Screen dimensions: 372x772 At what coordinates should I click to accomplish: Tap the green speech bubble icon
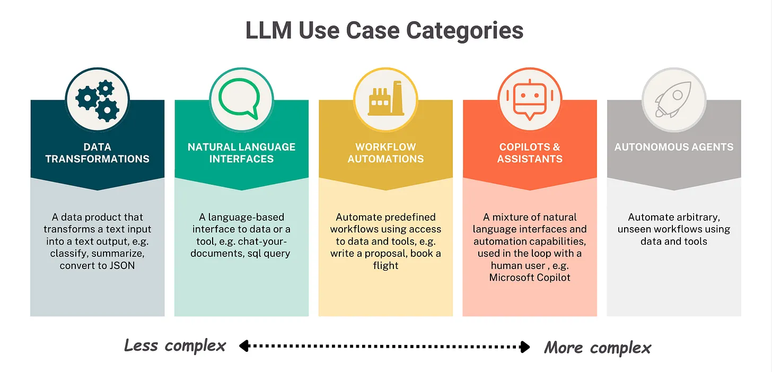(x=241, y=99)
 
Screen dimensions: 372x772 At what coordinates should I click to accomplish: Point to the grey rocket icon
(x=674, y=99)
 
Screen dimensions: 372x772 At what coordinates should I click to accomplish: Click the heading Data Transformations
(x=97, y=152)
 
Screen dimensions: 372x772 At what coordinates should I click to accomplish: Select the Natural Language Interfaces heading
(x=241, y=152)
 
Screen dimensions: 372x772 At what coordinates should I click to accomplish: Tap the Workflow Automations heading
(x=385, y=152)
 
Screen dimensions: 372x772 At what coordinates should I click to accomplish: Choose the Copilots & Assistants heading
(x=530, y=152)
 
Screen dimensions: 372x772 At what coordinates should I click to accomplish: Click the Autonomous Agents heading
(x=674, y=147)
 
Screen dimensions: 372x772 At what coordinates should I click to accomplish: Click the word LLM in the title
(x=268, y=30)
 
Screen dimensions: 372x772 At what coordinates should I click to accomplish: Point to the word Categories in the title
(x=465, y=30)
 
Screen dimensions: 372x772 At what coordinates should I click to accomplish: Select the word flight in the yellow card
(x=385, y=265)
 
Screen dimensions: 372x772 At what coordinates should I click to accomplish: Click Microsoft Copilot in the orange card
(x=530, y=278)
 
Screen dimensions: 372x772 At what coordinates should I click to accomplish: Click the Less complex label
(x=175, y=346)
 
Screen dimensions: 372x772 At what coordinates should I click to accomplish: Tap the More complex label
(x=598, y=348)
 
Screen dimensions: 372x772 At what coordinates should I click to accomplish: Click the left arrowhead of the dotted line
(x=243, y=347)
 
